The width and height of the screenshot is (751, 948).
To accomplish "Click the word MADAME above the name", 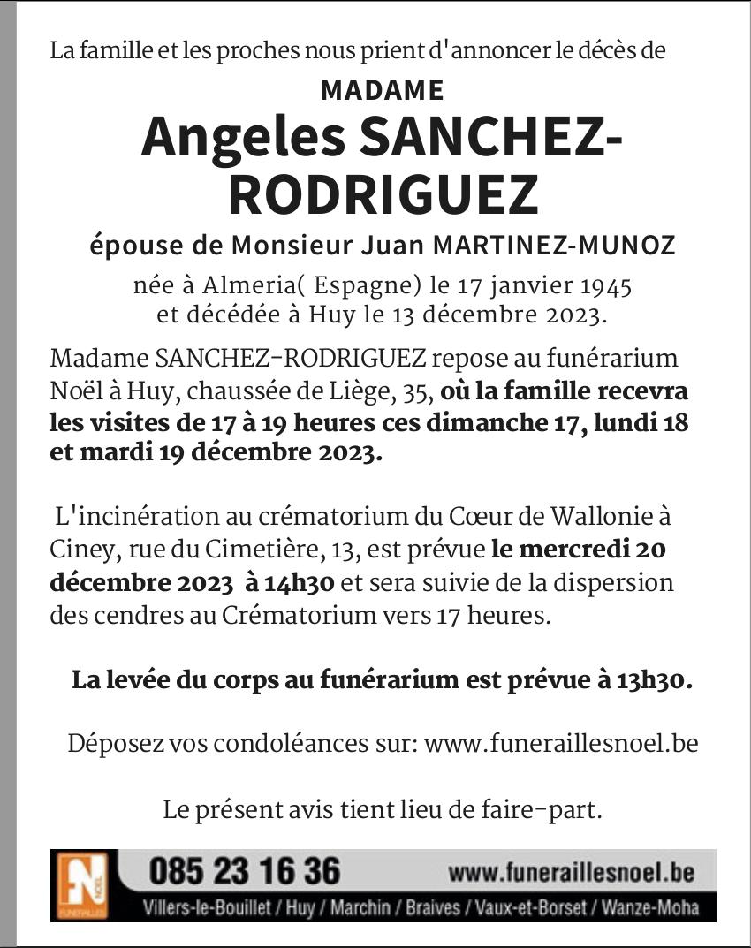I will pos(382,91).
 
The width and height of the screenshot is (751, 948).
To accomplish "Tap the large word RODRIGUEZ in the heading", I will pos(383,196).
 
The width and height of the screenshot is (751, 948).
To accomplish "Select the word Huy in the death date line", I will pos(351,315).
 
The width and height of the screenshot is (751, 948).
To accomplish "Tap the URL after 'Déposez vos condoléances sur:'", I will pos(561,744).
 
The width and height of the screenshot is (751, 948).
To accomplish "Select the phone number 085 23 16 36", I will pos(245,872).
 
